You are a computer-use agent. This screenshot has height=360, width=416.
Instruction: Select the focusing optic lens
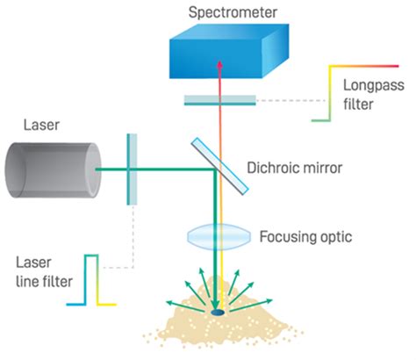click(219, 238)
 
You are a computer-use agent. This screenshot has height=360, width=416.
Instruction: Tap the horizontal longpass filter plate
click(219, 100)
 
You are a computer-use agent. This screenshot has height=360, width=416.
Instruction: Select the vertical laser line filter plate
click(132, 169)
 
